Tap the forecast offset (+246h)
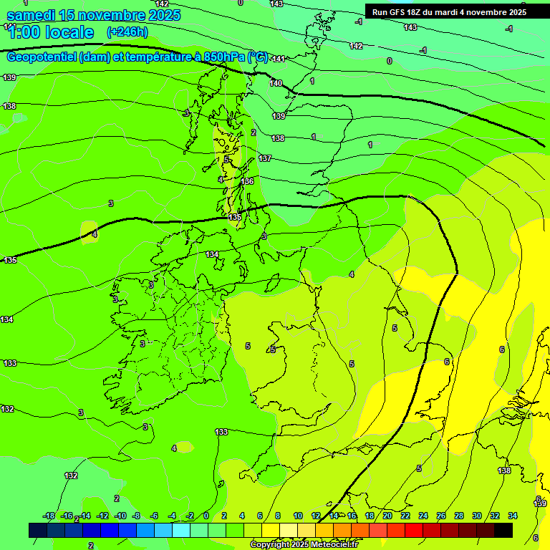127,32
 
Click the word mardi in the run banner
462,12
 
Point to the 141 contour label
279,59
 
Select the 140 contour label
276,83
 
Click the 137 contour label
265,158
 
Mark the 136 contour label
248,181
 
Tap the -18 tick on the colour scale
49,516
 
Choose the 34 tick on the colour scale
513,516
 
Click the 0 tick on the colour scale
206,516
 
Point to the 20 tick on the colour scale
387,516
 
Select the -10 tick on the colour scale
120,516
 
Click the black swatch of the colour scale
503,530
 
